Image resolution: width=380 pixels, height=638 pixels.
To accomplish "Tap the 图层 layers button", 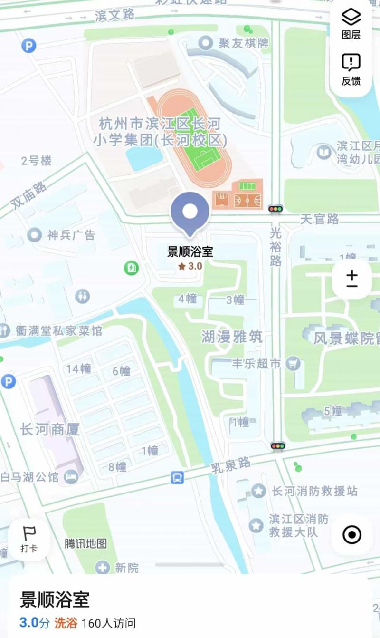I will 351,24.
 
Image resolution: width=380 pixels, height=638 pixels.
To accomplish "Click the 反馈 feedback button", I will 351,69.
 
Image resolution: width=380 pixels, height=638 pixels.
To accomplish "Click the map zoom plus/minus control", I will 352,279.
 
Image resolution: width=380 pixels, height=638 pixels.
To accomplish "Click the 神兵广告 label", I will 71,235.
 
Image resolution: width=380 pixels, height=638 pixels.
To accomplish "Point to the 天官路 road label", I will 320,219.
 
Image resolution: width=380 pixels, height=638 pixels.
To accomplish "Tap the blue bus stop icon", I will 177,477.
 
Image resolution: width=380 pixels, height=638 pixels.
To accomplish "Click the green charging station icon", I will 131,268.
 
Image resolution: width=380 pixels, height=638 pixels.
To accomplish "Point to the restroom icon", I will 82,296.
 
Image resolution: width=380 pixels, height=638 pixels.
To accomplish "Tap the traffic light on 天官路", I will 275,208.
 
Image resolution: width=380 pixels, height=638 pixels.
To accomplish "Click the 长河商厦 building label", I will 50,430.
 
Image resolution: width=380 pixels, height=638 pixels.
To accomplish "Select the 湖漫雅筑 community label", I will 231,337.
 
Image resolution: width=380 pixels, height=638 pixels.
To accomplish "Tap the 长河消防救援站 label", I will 314,491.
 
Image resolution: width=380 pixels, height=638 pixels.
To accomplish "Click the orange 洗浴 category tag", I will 66,623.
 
